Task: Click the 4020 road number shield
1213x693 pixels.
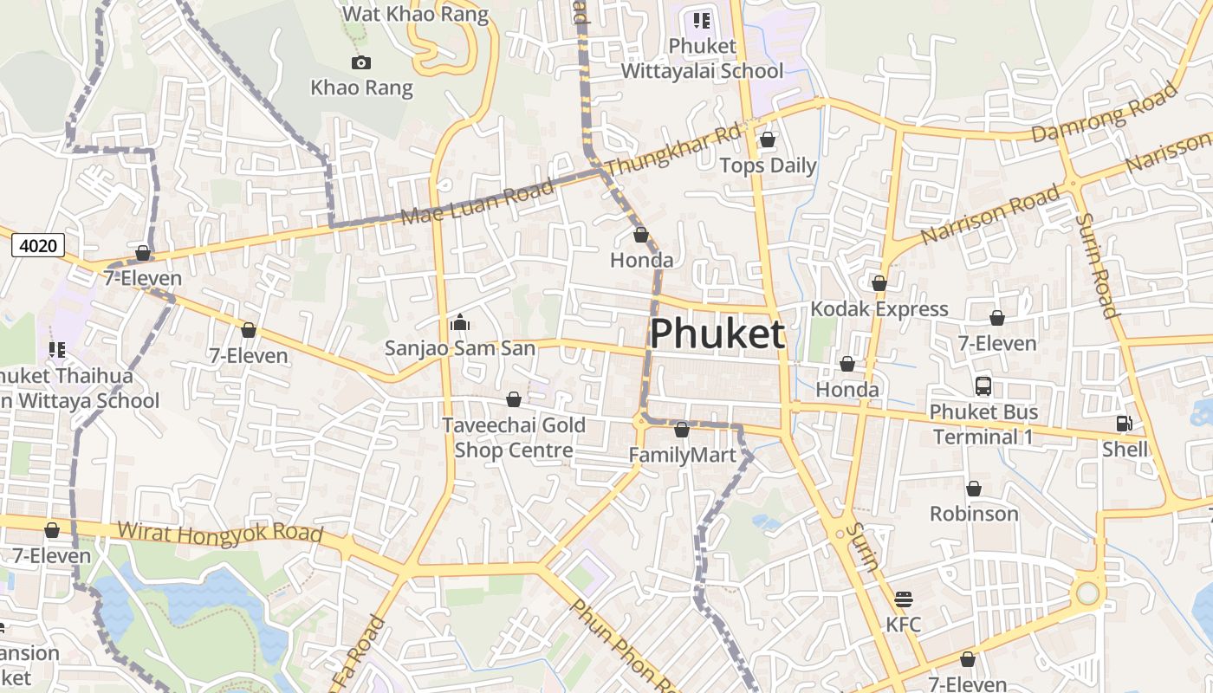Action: (x=38, y=246)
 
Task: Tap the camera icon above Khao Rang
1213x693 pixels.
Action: (x=361, y=62)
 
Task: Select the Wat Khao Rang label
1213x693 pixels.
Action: (x=415, y=14)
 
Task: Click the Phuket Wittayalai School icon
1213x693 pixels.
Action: (x=701, y=20)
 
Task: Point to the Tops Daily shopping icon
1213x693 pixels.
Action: (x=768, y=139)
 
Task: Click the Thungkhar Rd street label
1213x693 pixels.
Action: (x=674, y=150)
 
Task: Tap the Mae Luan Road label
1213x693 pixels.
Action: (x=477, y=203)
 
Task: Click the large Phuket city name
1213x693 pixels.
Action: (x=717, y=334)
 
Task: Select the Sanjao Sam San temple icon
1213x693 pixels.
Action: (x=459, y=323)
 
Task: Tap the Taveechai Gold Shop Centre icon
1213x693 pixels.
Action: (x=514, y=399)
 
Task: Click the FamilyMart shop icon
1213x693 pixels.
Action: (x=682, y=430)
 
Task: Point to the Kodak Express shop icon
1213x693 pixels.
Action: (x=879, y=283)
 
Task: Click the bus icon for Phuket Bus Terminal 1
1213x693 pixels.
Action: (x=983, y=386)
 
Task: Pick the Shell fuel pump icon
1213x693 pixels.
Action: (x=1124, y=424)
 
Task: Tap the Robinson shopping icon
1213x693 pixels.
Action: (x=974, y=489)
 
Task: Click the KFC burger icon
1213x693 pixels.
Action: (x=903, y=599)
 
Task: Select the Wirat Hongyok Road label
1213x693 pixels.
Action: (x=220, y=533)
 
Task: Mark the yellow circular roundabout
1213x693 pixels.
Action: (x=1087, y=593)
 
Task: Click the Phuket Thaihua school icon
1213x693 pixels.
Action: (x=57, y=350)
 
